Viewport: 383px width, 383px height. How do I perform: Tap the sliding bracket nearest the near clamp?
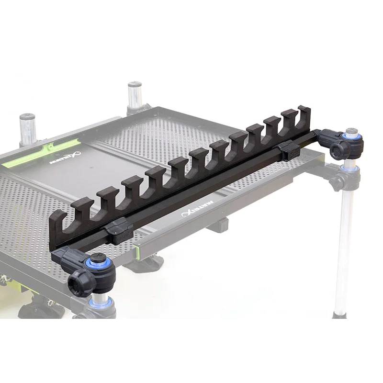[x=117, y=231]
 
